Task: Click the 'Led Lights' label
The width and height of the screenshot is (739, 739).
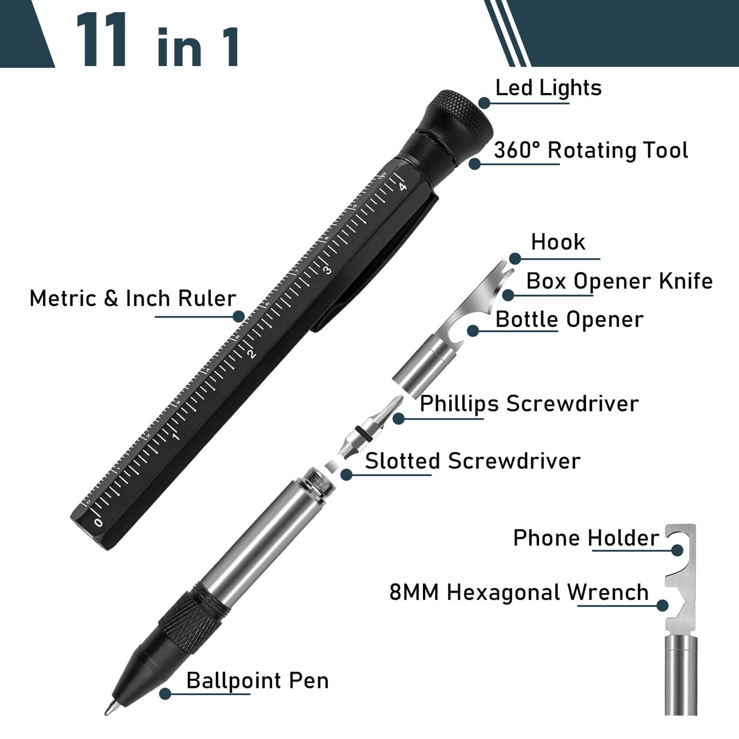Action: [x=548, y=88]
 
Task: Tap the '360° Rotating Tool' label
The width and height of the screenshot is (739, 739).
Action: [x=591, y=150]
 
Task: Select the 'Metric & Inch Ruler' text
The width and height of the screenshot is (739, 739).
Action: [x=132, y=299]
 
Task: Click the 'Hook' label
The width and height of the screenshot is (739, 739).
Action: [x=558, y=242]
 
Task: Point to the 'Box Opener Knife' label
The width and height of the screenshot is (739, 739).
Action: [x=619, y=281]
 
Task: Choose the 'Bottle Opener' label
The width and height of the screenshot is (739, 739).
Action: [x=569, y=320]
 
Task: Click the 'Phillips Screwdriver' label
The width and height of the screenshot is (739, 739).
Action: [x=529, y=404]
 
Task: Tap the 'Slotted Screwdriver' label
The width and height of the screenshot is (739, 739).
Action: [x=473, y=461]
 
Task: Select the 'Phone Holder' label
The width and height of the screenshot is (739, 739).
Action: [x=586, y=539]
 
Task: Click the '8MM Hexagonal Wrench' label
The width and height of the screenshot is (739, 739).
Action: [x=519, y=593]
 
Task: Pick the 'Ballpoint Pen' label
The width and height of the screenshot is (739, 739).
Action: [x=257, y=681]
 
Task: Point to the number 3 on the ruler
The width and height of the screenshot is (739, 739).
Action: [x=327, y=269]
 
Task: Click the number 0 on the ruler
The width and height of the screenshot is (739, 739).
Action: [x=99, y=523]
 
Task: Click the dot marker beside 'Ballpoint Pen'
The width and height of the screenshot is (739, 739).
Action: [x=165, y=694]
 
